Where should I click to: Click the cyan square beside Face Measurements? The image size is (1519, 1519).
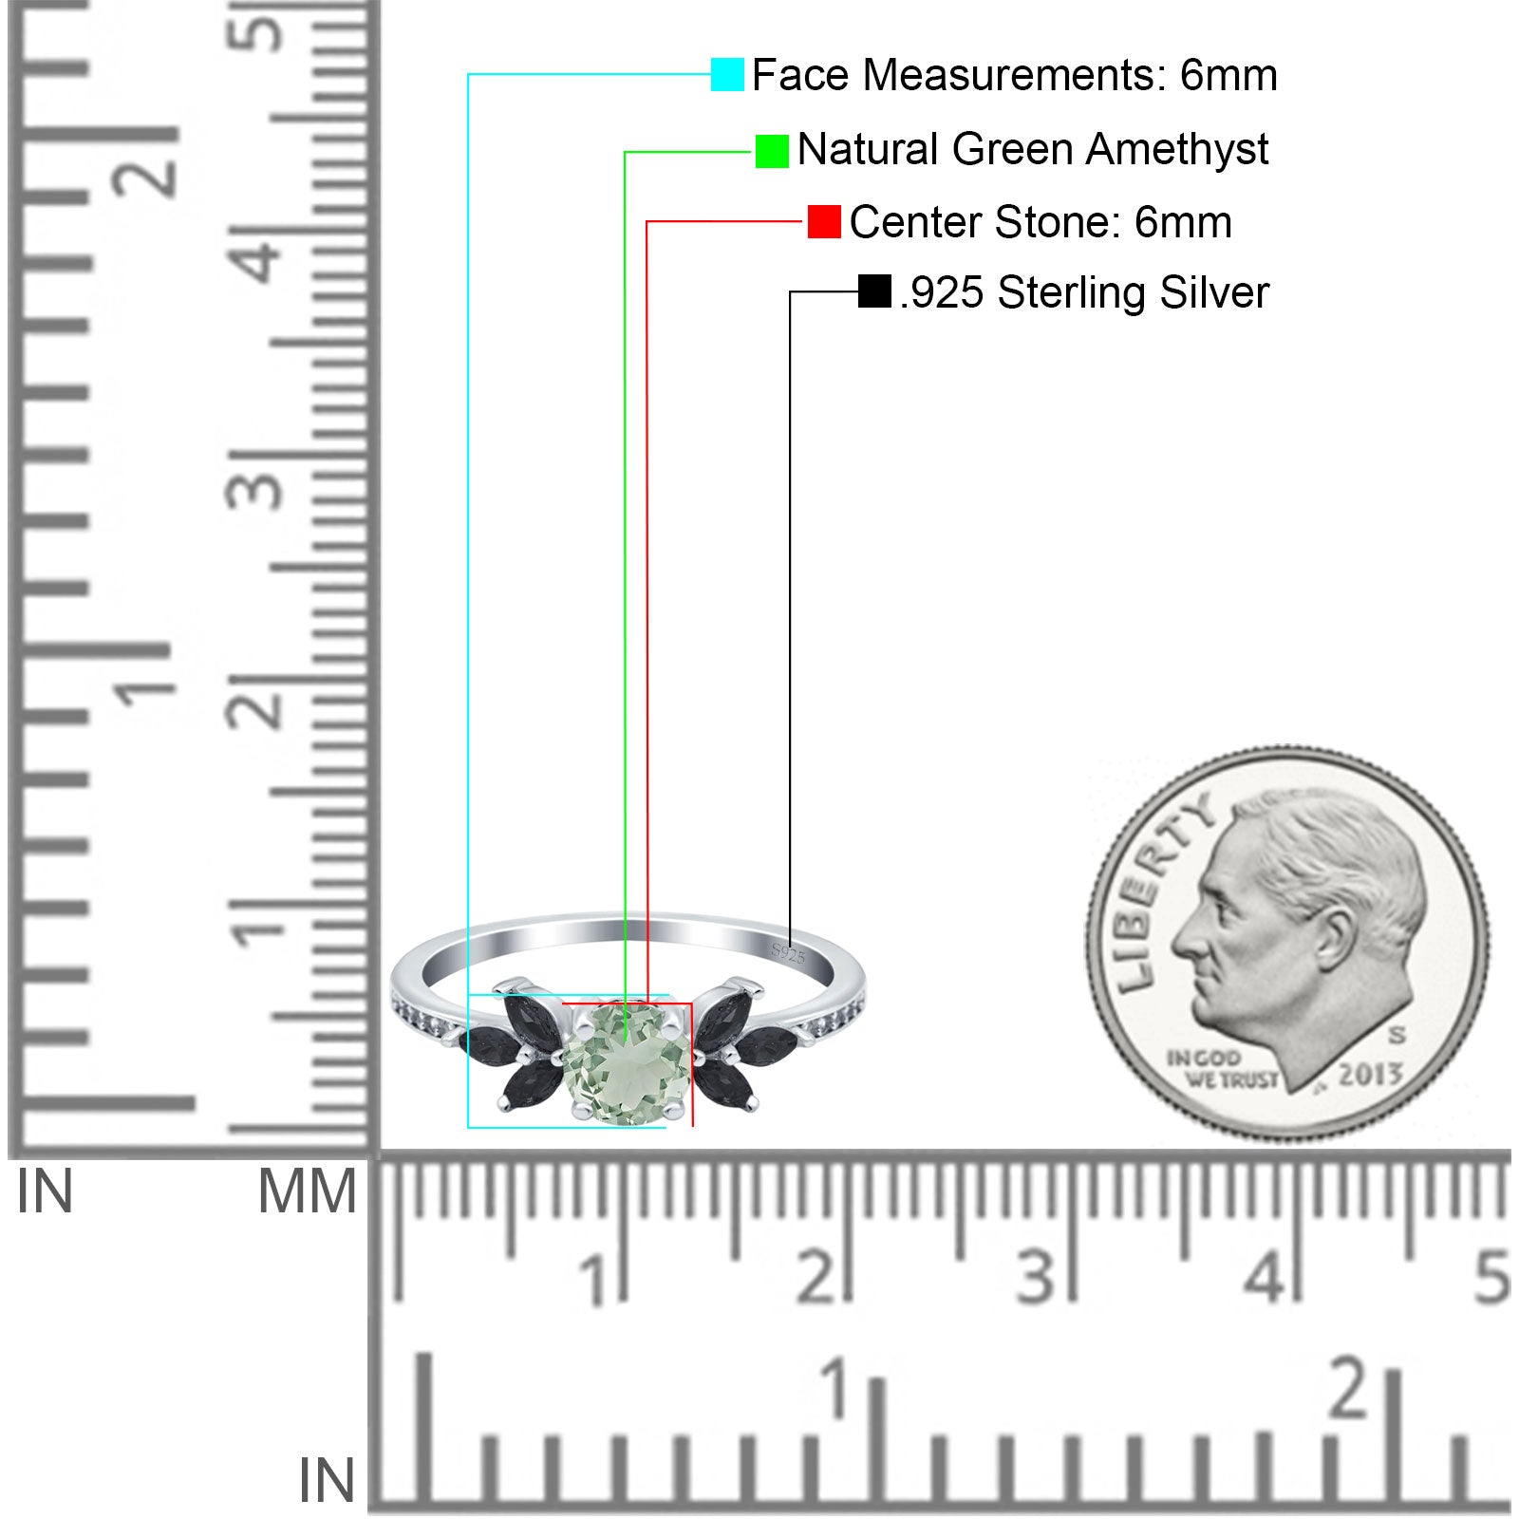coord(727,74)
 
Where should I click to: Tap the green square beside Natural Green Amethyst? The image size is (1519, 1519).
coord(772,151)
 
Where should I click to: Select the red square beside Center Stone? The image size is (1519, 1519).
coord(824,222)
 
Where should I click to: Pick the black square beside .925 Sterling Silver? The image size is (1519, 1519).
coord(874,291)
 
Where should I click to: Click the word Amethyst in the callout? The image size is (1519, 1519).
coord(1177,150)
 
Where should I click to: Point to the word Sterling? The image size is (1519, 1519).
coord(1073,293)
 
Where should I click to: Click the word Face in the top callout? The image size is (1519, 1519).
coord(800,75)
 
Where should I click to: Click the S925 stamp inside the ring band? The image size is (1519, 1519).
coord(788,952)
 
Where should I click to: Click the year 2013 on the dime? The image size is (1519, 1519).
coord(1370,1075)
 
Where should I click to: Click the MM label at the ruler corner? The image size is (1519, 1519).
coord(308,1191)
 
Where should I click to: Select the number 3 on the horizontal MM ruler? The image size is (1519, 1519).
coord(1037,1277)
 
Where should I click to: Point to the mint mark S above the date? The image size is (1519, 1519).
coord(1397,1034)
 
